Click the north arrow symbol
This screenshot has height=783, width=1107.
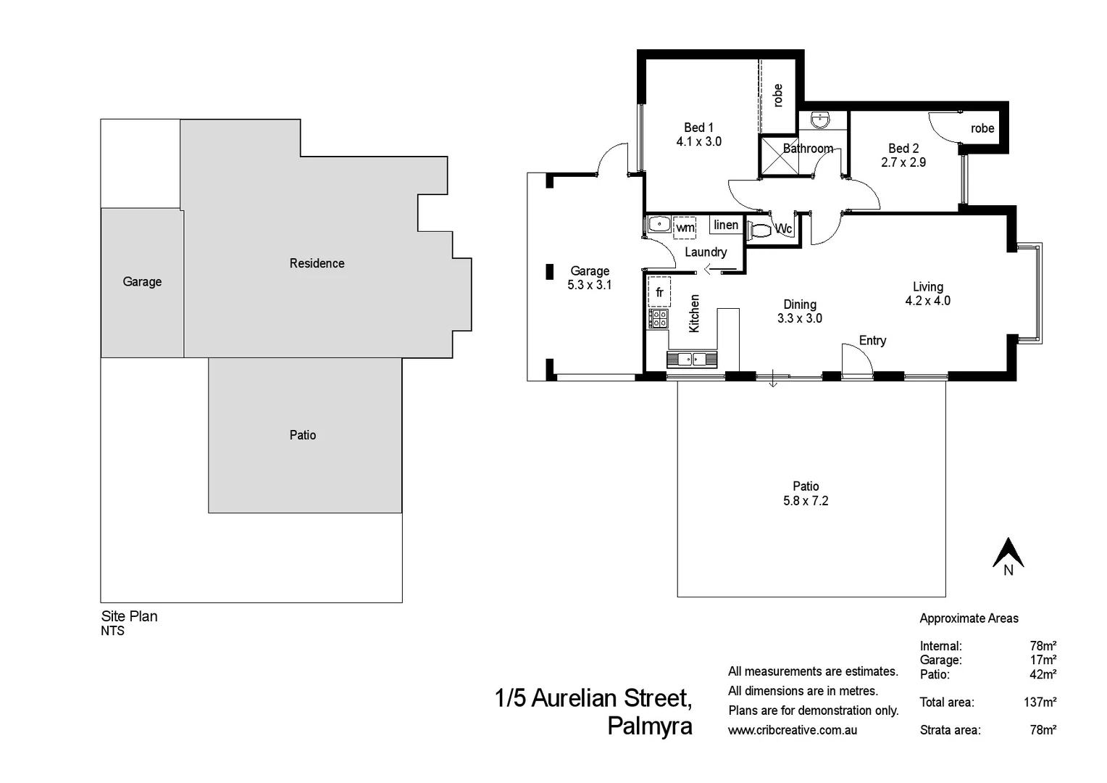coord(1008,553)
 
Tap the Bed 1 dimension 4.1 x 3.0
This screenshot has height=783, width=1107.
coord(698,142)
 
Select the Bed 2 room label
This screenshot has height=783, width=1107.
coord(903,148)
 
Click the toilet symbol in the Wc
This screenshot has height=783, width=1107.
coord(760,231)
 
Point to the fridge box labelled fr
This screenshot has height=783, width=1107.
coord(659,292)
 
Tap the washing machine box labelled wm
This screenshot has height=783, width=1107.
coord(685,228)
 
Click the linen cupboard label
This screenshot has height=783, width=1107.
coord(726,225)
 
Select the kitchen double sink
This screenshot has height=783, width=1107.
coord(692,359)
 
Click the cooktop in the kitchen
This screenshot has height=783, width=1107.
coord(659,318)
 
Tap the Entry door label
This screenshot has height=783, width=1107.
coord(872,341)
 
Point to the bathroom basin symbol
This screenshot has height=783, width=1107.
coord(820,120)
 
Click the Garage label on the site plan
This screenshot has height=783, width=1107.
coord(142,282)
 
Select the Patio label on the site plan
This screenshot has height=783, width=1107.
coord(303,435)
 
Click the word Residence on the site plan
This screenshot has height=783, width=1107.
coord(317,263)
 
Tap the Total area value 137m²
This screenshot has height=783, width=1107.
coord(1040,702)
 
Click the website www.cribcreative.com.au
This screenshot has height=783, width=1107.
coord(793,730)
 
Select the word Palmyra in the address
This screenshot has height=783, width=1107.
coord(649,726)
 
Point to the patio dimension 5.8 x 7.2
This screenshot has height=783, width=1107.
coord(806,501)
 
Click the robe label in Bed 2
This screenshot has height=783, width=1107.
coord(982,128)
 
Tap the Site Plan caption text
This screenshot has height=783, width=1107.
coord(129,616)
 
